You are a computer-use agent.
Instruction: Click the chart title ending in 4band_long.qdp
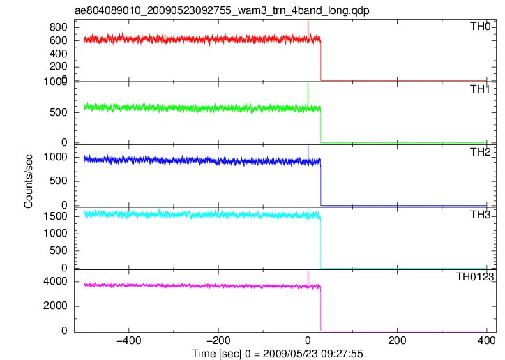[x=222, y=10]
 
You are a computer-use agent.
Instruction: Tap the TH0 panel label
[x=480, y=27]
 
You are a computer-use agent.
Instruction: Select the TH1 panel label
[x=480, y=89]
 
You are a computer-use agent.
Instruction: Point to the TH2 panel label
[x=480, y=152]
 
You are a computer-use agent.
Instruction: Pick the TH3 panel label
[x=480, y=215]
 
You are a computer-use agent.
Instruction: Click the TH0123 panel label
[x=475, y=277]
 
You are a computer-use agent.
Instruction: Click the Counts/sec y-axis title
[x=29, y=181]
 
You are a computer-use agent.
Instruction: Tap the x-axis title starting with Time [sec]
[x=278, y=354]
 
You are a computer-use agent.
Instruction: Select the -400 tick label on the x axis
[x=129, y=340]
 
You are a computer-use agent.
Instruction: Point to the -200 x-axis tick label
[x=218, y=340]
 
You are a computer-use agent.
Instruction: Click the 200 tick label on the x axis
[x=397, y=340]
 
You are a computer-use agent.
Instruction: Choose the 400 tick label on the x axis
[x=487, y=340]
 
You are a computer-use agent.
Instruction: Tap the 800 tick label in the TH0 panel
[x=59, y=27]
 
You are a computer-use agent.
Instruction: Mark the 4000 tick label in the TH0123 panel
[x=55, y=281]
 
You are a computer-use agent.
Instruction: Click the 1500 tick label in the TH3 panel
[x=55, y=216]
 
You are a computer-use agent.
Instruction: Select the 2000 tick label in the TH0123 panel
[x=55, y=306]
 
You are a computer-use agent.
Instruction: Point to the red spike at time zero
[x=308, y=29]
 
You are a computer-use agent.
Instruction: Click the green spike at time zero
[x=308, y=94]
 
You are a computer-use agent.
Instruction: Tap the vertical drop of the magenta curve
[x=320, y=308]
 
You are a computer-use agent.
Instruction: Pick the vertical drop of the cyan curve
[x=320, y=243]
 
